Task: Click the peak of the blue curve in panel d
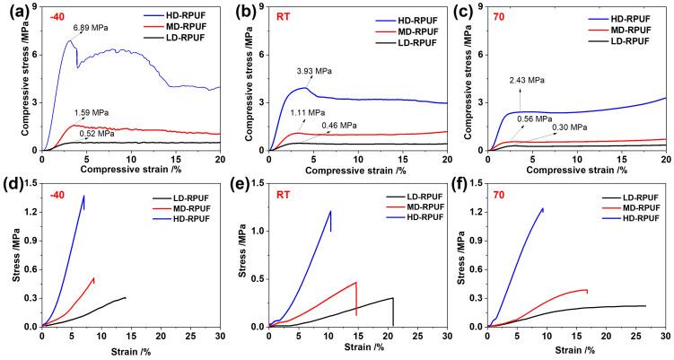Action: click(x=84, y=196)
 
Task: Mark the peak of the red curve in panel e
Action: click(x=356, y=282)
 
